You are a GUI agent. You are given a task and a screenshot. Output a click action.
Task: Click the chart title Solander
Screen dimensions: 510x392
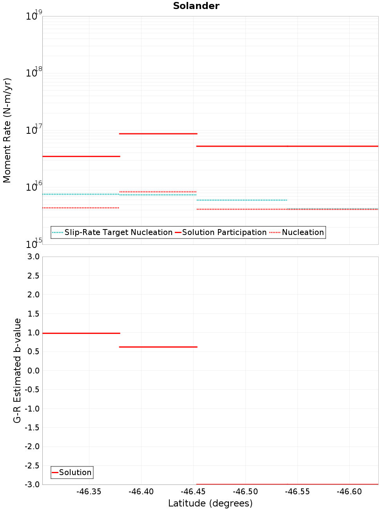(x=196, y=6)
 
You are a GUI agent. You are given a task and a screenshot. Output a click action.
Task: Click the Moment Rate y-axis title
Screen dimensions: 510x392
(x=7, y=130)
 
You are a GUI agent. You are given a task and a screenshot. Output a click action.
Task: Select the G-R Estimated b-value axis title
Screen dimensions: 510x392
(x=17, y=370)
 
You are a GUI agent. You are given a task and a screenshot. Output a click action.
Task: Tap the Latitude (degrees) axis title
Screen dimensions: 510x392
(x=210, y=503)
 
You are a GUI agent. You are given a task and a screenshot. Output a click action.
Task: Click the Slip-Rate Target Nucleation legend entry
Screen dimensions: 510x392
(x=118, y=232)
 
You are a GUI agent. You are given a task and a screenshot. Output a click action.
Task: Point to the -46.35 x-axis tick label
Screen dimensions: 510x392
(x=89, y=492)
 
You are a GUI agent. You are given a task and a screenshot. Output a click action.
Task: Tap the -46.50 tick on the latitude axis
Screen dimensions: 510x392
(x=245, y=492)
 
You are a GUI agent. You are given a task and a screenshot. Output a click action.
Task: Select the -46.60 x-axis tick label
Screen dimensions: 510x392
(x=349, y=492)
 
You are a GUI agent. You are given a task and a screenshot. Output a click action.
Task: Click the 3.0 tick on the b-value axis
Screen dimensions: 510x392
(x=33, y=257)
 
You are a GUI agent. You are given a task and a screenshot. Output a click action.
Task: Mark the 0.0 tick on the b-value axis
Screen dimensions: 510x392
(x=33, y=371)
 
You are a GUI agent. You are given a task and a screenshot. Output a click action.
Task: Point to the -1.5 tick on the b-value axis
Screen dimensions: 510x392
(x=32, y=428)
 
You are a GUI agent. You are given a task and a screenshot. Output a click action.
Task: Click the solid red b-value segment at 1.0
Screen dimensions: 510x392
(x=81, y=333)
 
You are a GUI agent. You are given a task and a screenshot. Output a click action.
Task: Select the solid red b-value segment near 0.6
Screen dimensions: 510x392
(x=158, y=347)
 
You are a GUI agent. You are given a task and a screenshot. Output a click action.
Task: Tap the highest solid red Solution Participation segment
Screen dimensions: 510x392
(x=158, y=134)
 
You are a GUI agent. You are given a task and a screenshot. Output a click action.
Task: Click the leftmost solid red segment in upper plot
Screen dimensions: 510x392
(x=81, y=156)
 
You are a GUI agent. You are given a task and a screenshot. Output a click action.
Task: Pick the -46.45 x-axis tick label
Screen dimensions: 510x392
(x=193, y=492)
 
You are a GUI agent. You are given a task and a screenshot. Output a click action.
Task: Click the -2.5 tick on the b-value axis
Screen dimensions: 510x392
(x=32, y=466)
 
